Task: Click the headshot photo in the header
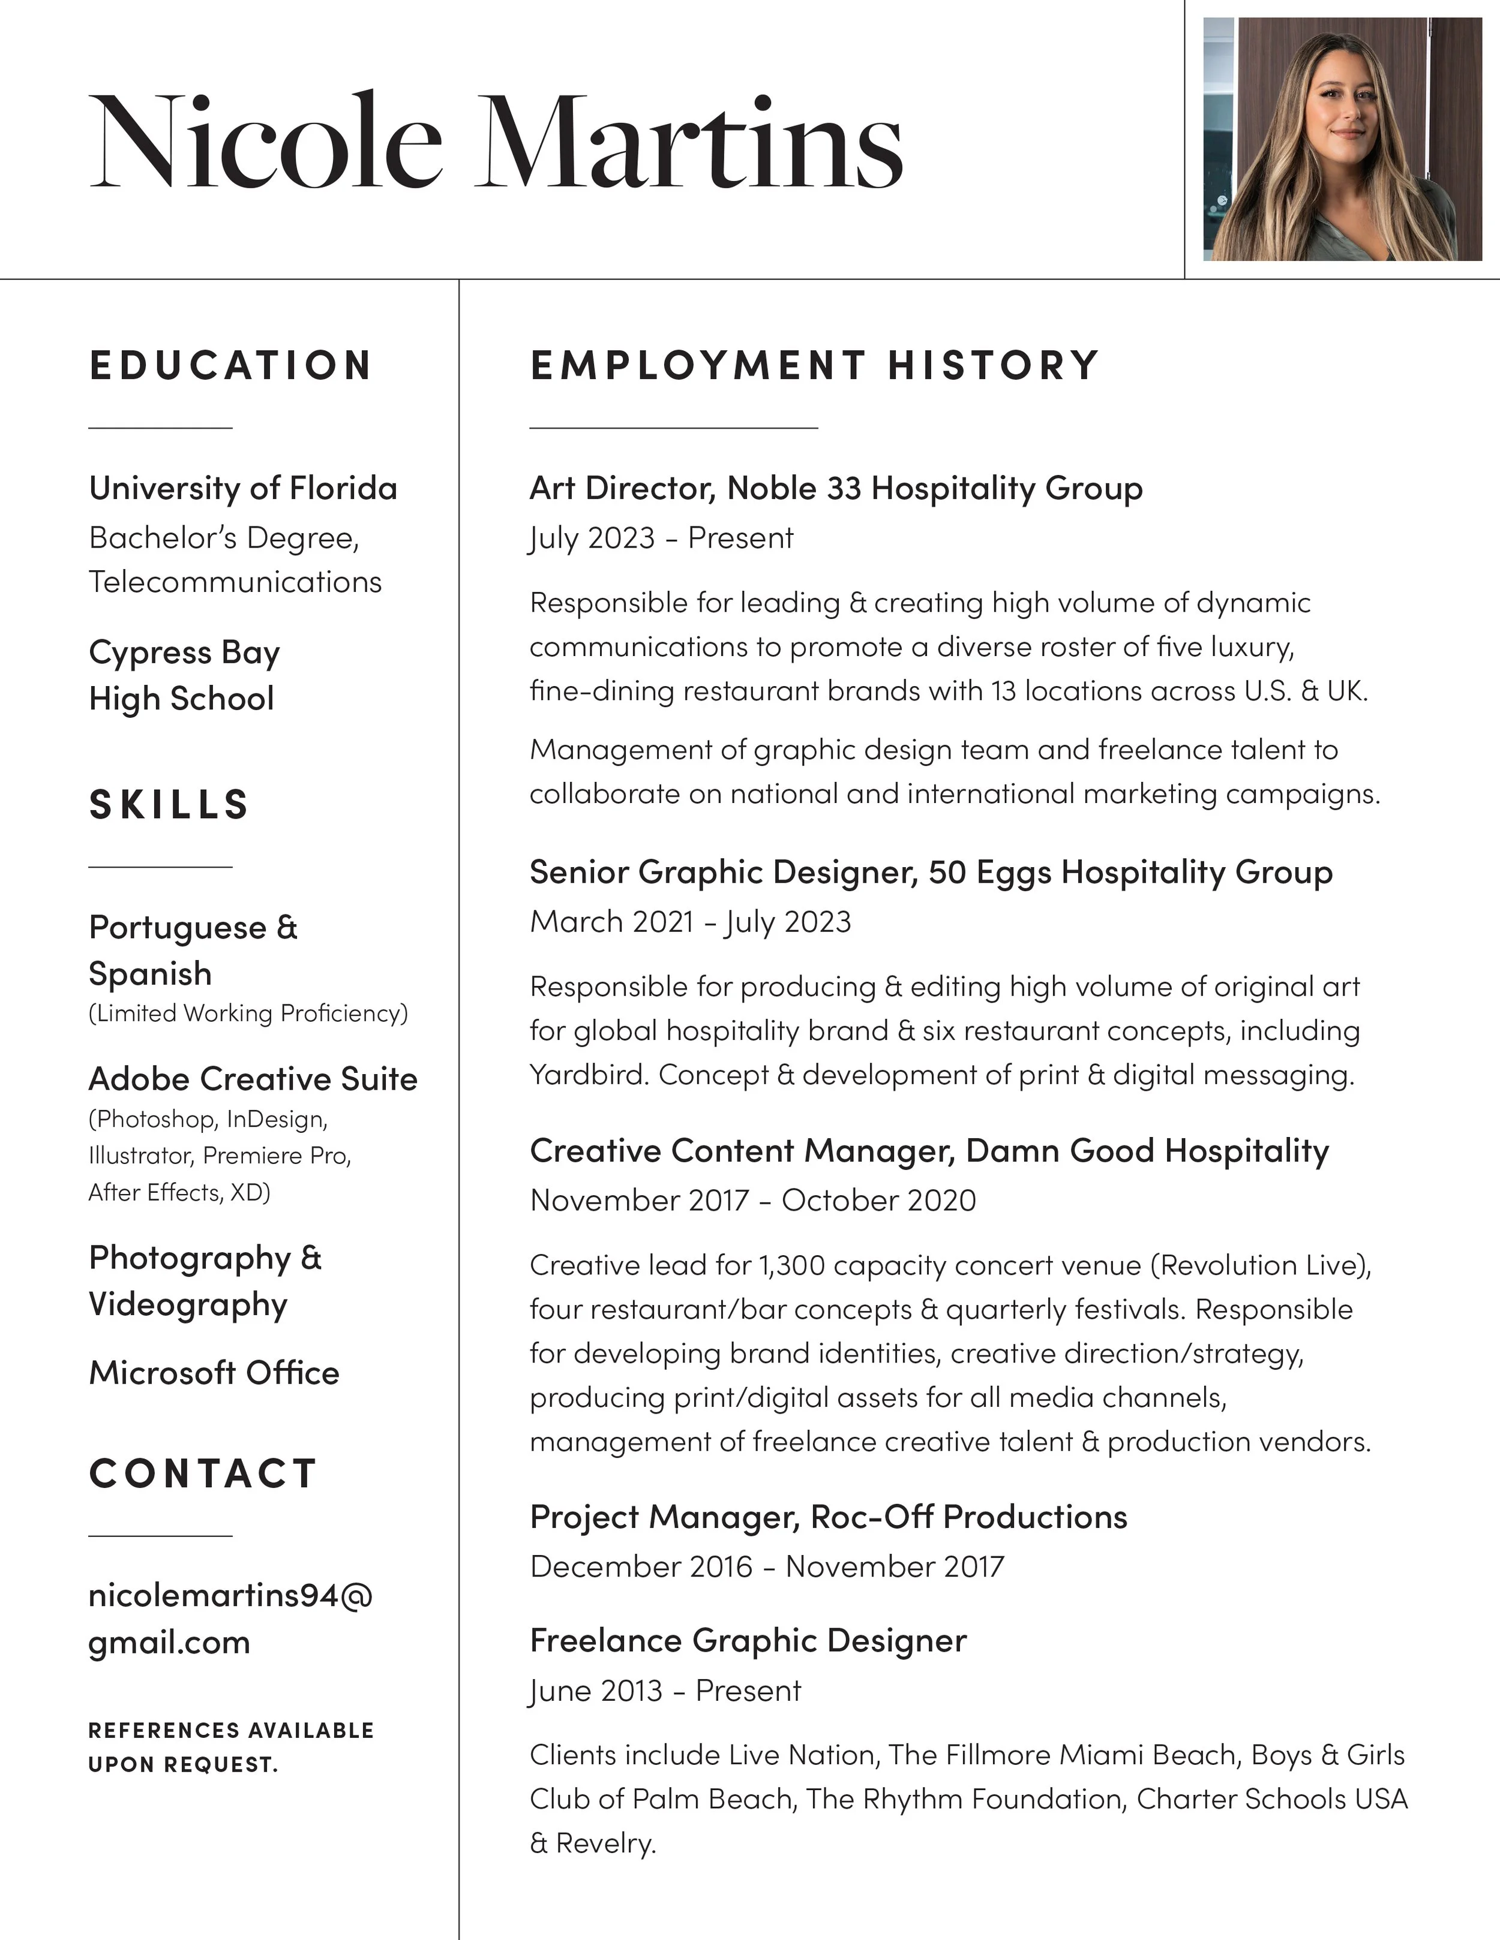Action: click(1342, 140)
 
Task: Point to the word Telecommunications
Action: click(235, 582)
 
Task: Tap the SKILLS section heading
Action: click(169, 805)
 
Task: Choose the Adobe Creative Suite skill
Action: click(253, 1078)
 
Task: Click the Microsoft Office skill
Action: click(213, 1372)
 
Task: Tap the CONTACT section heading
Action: click(203, 1473)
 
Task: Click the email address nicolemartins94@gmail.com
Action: click(229, 1619)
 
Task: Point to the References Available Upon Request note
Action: click(231, 1746)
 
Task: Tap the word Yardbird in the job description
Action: click(588, 1075)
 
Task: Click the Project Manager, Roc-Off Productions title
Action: click(827, 1517)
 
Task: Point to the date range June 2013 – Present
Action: click(665, 1691)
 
